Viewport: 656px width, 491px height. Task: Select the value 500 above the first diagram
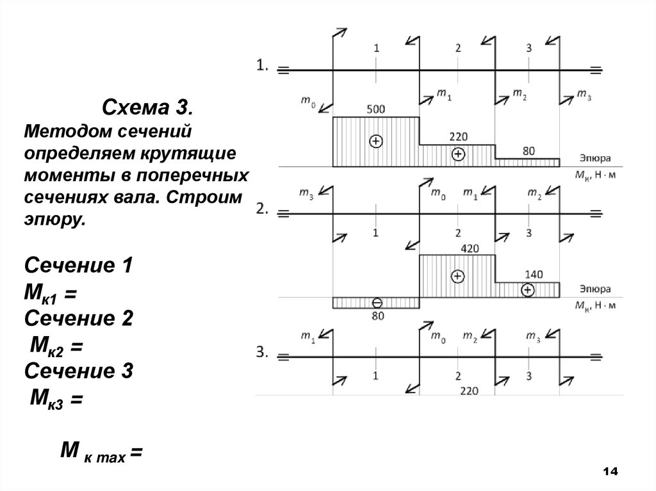click(x=375, y=109)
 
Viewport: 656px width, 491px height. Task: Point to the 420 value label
click(x=457, y=248)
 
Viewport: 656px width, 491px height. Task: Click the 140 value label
click(x=533, y=274)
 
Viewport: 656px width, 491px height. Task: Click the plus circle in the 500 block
click(x=376, y=141)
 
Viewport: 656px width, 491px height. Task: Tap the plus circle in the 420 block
click(x=457, y=277)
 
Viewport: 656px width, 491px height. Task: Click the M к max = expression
click(x=100, y=453)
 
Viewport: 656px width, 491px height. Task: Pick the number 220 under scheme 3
click(x=469, y=389)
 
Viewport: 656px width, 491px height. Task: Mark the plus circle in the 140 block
click(x=527, y=290)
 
